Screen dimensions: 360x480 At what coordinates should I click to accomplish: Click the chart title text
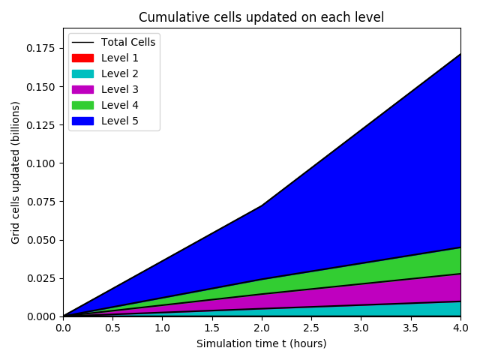point(261,17)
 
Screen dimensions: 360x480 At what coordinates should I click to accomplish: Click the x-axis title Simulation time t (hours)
point(261,343)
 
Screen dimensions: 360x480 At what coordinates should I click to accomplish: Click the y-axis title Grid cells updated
point(16,172)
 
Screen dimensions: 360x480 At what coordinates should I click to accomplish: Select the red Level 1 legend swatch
point(82,58)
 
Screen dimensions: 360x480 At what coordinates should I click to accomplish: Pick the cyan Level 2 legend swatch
point(82,73)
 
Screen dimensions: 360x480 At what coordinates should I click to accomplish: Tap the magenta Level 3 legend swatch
point(82,89)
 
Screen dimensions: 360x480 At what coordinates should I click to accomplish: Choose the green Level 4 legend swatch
point(82,105)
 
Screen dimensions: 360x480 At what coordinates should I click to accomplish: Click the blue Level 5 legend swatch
point(82,121)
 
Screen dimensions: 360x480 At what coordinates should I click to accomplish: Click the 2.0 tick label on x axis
point(262,328)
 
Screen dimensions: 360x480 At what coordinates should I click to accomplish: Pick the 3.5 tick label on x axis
point(411,328)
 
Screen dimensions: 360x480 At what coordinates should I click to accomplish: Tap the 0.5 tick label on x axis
point(112,328)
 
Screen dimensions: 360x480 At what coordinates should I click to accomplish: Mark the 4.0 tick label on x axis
point(460,328)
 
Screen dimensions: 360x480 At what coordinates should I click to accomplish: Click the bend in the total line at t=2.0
point(262,205)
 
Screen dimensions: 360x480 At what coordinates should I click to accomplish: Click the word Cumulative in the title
point(167,17)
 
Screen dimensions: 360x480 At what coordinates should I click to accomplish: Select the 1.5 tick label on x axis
point(212,328)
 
